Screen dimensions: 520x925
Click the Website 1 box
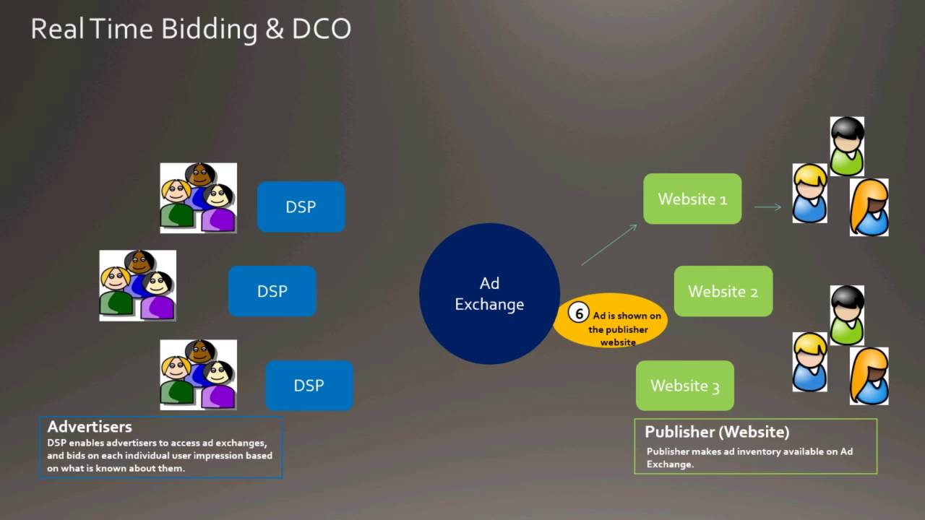click(x=692, y=199)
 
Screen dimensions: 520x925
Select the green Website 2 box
click(x=723, y=291)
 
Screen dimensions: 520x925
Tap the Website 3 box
click(x=684, y=386)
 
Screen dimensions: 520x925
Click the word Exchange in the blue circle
click(x=489, y=304)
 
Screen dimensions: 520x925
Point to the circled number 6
click(x=578, y=314)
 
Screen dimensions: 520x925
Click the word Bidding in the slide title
click(x=209, y=29)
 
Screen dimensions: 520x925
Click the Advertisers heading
click(x=90, y=427)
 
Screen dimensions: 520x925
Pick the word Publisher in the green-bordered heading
click(x=679, y=432)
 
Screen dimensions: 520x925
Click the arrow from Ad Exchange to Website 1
click(x=609, y=244)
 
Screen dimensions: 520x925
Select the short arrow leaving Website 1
click(x=767, y=207)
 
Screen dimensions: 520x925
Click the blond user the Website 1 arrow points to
click(x=809, y=193)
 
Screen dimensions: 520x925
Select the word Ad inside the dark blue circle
click(x=489, y=283)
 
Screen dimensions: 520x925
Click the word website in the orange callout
click(x=618, y=342)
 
